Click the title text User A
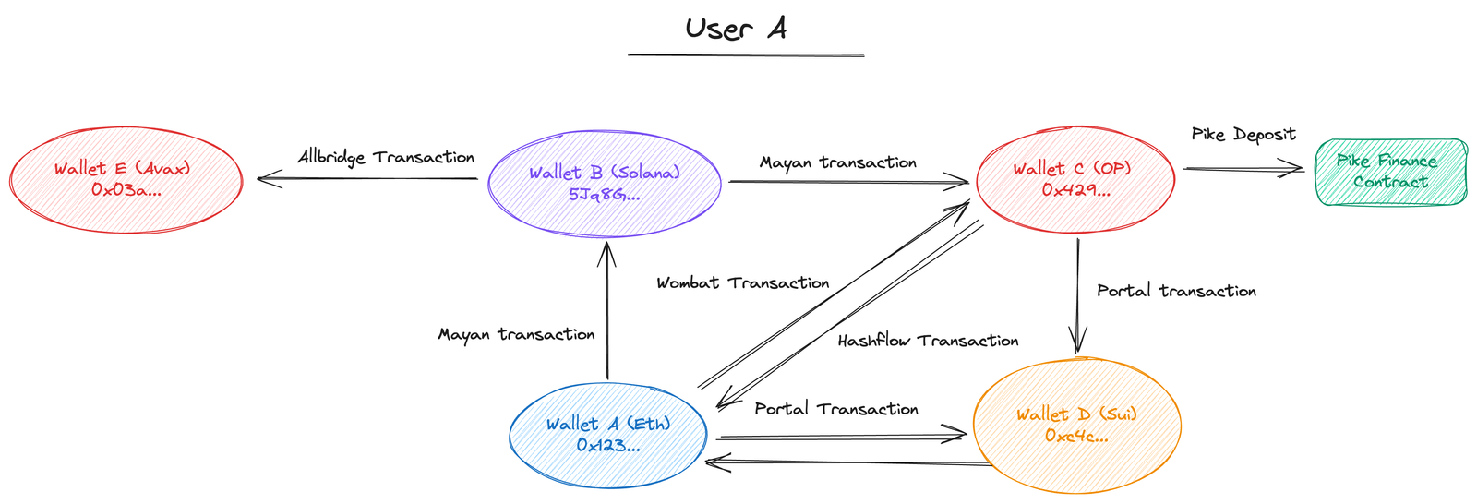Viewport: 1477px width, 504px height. (736, 29)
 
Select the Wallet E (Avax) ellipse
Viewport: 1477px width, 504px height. (126, 179)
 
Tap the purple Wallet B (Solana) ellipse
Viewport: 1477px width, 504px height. (604, 184)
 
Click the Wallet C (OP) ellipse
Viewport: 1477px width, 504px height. (1075, 179)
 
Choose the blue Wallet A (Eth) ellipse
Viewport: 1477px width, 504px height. (608, 435)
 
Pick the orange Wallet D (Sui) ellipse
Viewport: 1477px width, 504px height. (1076, 426)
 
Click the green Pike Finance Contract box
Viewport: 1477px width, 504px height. (1390, 172)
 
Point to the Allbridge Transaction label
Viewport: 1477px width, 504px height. (386, 158)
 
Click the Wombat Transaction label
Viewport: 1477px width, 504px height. (743, 283)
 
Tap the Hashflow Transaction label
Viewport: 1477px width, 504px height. (928, 341)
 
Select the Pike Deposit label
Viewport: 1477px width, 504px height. (1243, 136)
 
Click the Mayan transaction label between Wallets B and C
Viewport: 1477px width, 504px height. (837, 163)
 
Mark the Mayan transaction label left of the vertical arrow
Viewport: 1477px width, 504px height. (516, 334)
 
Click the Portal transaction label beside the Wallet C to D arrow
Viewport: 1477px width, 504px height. (1176, 291)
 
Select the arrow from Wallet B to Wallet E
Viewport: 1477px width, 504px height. (367, 178)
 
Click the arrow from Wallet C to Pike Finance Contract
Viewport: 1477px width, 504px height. (1243, 168)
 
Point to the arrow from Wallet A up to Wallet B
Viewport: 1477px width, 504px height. (606, 310)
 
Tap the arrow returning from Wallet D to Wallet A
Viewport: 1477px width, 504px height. (849, 462)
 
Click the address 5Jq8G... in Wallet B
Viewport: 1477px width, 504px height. (604, 195)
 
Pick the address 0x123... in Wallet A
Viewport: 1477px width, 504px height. (608, 446)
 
